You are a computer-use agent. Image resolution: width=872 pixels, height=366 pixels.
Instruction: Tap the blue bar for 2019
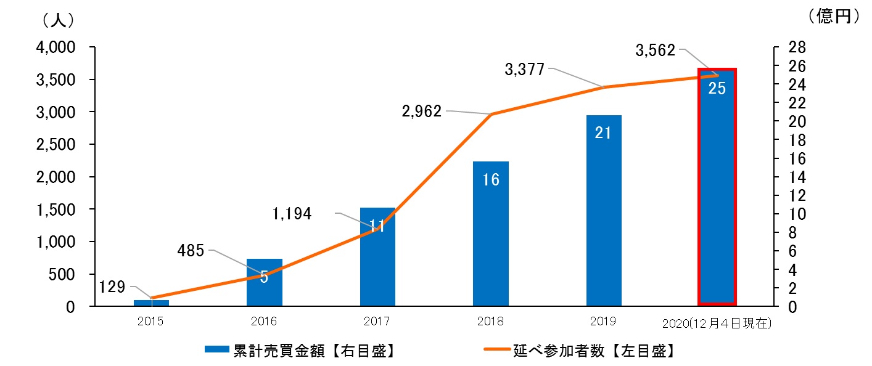coord(604,216)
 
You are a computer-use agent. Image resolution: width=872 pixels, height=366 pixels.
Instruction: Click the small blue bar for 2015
coord(151,303)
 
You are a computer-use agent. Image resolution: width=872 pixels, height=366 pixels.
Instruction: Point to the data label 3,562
coord(655,51)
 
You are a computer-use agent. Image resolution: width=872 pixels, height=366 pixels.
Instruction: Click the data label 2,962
coord(421,111)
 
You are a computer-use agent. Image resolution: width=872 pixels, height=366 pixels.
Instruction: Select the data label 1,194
coord(292,214)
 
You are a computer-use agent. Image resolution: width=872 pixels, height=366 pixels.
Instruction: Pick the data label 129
coord(112,287)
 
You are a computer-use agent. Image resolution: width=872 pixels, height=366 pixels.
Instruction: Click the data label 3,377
coord(524,69)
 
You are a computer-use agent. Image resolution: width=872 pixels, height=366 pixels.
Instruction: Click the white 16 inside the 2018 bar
coord(491,180)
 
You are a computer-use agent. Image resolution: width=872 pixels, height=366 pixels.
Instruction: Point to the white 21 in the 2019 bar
coord(603,132)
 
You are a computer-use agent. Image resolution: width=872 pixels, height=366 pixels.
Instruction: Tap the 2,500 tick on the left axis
coord(58,144)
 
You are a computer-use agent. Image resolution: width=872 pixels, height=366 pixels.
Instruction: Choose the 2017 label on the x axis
coord(377,321)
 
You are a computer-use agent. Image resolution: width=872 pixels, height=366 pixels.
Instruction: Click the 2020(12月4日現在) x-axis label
coord(717,323)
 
